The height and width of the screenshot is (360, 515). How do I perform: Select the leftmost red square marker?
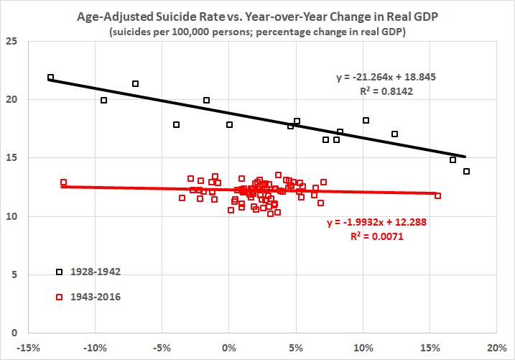tap(63, 183)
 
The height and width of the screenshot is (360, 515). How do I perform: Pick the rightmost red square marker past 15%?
tap(437, 195)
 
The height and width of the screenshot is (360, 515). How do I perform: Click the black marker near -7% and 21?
tap(135, 83)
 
